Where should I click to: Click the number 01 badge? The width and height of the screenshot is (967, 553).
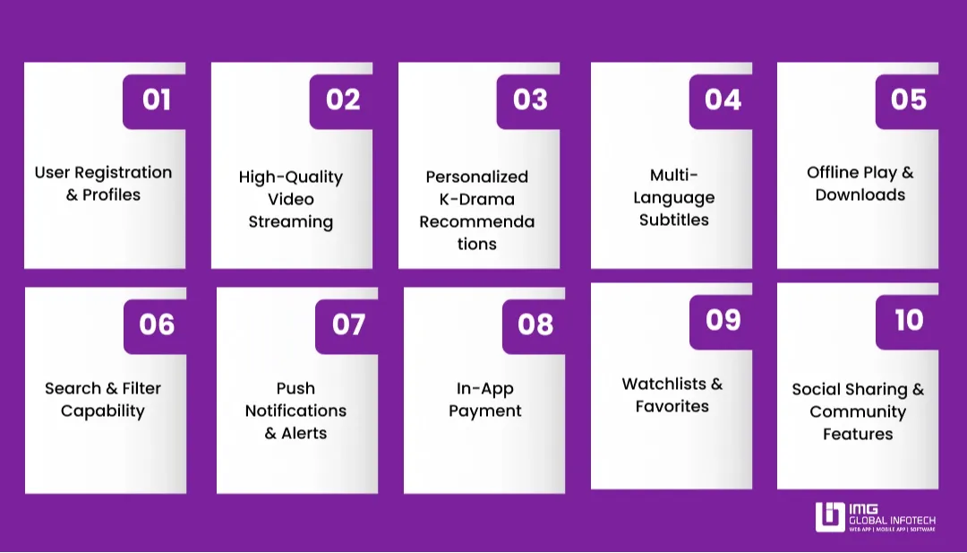tap(155, 99)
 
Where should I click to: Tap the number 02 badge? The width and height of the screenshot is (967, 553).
tap(342, 99)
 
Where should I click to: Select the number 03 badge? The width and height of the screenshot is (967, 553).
tap(529, 99)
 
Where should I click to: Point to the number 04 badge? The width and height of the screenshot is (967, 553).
tap(722, 99)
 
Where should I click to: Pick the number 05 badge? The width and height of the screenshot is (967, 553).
tap(908, 99)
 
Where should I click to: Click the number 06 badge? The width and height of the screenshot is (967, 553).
tap(156, 324)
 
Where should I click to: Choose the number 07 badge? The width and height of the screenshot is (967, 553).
tap(348, 324)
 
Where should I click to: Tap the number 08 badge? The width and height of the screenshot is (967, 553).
tap(535, 324)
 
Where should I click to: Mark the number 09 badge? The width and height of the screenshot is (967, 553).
tap(722, 319)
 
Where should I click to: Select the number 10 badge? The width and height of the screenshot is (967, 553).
tap(908, 319)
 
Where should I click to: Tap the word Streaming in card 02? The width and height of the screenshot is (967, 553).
tap(291, 222)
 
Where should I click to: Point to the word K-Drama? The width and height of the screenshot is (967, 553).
tap(476, 199)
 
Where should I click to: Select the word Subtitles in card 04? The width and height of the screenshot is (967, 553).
tap(673, 220)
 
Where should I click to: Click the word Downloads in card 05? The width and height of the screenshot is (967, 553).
tap(860, 195)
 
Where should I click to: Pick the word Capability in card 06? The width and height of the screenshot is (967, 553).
tap(103, 411)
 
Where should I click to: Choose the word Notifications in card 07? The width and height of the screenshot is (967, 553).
tap(295, 410)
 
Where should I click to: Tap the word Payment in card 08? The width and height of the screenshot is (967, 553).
tap(484, 411)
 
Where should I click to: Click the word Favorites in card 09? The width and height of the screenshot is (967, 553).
tap(672, 407)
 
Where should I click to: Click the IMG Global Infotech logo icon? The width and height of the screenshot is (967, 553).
tap(830, 517)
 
